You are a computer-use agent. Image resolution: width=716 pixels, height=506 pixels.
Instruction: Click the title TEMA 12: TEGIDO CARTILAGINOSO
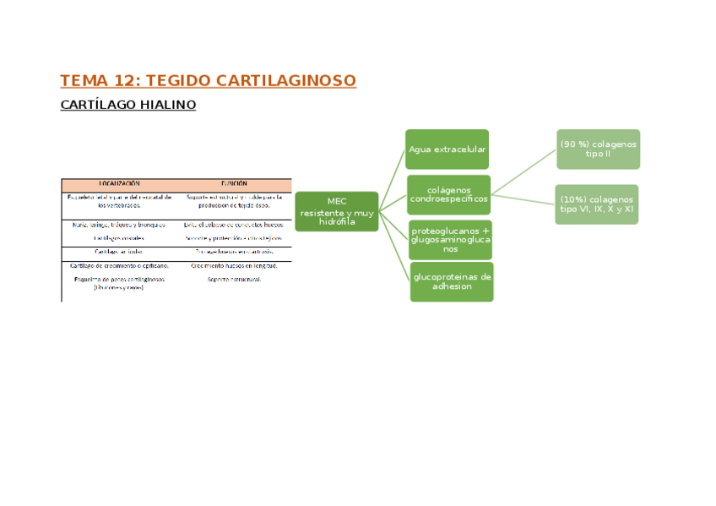(208, 81)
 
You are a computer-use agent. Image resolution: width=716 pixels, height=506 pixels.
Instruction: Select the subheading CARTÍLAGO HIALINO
(128, 105)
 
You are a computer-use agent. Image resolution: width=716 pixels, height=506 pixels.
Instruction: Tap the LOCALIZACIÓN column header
(119, 183)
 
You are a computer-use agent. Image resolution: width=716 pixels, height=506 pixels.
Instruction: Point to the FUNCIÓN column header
(234, 183)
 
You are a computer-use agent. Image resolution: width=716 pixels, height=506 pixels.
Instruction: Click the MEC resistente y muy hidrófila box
(337, 211)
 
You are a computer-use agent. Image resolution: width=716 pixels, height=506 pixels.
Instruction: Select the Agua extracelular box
(447, 150)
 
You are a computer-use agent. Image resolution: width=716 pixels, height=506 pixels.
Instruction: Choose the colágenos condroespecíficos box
(448, 194)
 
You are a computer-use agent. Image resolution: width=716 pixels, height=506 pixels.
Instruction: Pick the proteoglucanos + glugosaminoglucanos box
(450, 240)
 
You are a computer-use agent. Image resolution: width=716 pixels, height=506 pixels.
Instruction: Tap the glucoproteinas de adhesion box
(452, 281)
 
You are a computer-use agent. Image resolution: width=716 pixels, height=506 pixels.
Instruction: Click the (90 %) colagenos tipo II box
(598, 149)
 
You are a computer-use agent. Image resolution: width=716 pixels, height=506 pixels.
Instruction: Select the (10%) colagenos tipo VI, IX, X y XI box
(596, 204)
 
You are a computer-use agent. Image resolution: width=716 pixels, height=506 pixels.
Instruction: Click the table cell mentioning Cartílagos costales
(119, 238)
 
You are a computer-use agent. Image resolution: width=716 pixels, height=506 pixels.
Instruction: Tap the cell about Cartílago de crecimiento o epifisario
(119, 265)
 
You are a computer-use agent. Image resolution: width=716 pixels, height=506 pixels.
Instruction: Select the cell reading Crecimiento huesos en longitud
(234, 265)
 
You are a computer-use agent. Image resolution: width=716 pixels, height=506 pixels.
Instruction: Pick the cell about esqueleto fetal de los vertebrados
(119, 200)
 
